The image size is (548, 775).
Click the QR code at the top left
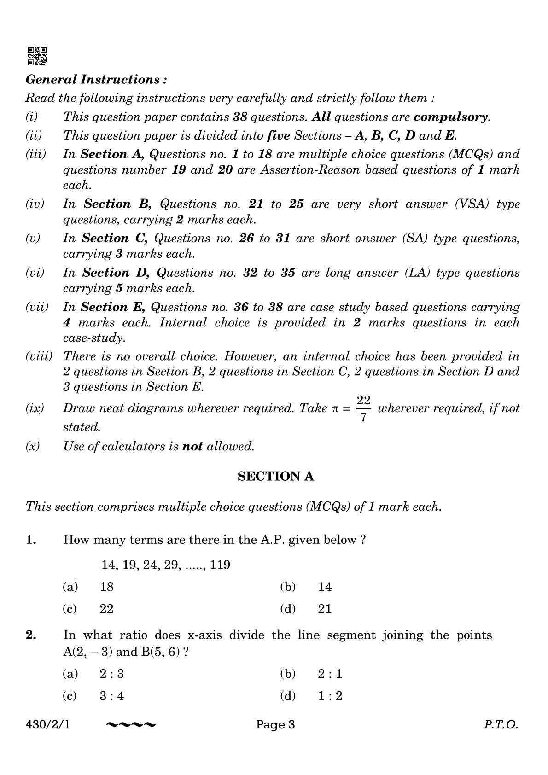point(37,56)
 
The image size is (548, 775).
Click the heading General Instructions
point(96,80)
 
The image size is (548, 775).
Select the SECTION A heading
point(275,476)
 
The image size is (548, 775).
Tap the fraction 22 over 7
point(363,408)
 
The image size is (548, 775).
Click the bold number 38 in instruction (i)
point(240,117)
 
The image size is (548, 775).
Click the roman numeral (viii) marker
point(39,356)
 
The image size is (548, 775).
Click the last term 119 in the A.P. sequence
point(220,565)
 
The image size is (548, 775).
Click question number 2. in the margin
point(31,635)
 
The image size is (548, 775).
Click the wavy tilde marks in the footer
point(131,725)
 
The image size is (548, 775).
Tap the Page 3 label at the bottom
point(275,725)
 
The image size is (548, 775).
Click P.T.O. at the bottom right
point(501,725)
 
